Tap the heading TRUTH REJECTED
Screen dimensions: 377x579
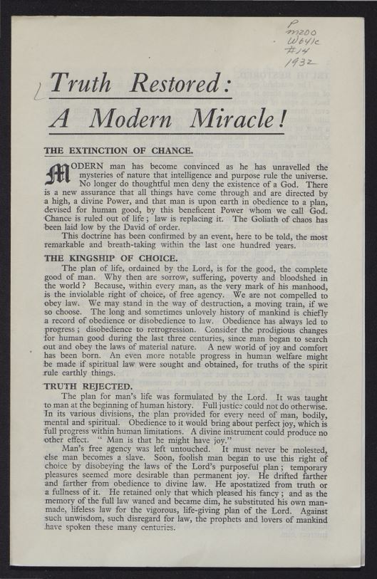(88, 385)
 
